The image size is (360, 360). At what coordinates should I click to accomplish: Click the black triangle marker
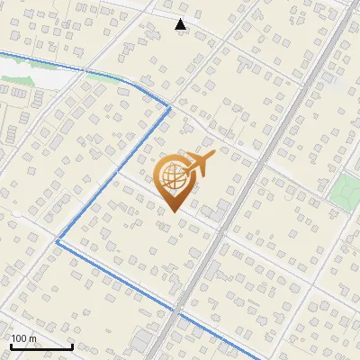(x=181, y=24)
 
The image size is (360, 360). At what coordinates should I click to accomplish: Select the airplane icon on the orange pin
(x=196, y=165)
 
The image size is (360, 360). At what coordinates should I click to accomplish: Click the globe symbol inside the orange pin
(x=173, y=178)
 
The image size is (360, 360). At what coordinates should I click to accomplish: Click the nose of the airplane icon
(x=211, y=157)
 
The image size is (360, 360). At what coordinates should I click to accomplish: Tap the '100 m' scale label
(x=24, y=338)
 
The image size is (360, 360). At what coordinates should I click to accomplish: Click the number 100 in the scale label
(x=20, y=338)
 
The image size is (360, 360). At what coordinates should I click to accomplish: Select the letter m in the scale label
(x=34, y=338)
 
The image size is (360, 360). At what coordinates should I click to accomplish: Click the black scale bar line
(x=40, y=346)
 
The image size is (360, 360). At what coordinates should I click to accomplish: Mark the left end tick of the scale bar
(x=10, y=345)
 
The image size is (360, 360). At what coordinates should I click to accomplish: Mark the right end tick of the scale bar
(x=72, y=345)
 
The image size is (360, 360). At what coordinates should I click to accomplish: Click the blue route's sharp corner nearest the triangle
(x=169, y=108)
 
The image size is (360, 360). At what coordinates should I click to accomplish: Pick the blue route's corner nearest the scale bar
(x=58, y=241)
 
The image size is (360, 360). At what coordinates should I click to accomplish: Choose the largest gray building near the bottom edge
(x=143, y=341)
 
